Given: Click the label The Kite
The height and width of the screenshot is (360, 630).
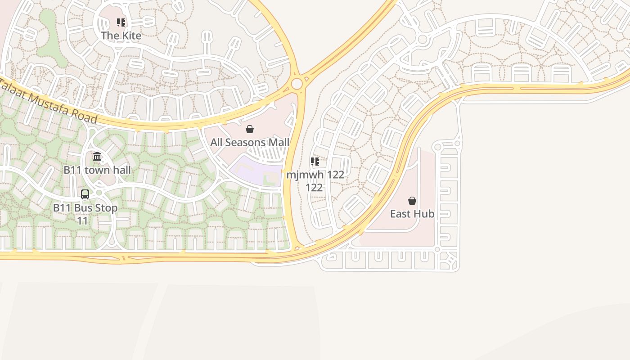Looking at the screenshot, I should (121, 36).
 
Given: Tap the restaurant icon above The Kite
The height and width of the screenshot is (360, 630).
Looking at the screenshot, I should (121, 22).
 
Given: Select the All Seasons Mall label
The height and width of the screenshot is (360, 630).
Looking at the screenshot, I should (250, 143).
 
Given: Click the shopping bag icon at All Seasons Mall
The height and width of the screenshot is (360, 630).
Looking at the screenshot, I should (250, 130).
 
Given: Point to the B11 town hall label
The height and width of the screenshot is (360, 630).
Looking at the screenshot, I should (97, 170).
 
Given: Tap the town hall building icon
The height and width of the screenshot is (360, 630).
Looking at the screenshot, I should (97, 157).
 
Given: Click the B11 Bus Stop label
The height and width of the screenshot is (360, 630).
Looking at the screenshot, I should (85, 208).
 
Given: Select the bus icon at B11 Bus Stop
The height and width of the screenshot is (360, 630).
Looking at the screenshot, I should (85, 194).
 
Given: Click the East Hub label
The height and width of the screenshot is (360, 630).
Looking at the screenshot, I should (412, 214).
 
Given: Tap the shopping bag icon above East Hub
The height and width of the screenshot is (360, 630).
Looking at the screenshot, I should (412, 201).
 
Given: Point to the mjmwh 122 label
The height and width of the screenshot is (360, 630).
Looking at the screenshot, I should (315, 175).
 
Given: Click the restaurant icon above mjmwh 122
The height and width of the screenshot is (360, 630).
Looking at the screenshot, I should (315, 162).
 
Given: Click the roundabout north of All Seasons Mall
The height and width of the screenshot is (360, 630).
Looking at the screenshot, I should (297, 84).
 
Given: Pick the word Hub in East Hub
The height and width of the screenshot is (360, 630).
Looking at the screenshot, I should (425, 214).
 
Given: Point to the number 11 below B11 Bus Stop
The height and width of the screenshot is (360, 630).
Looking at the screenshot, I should (82, 221).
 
